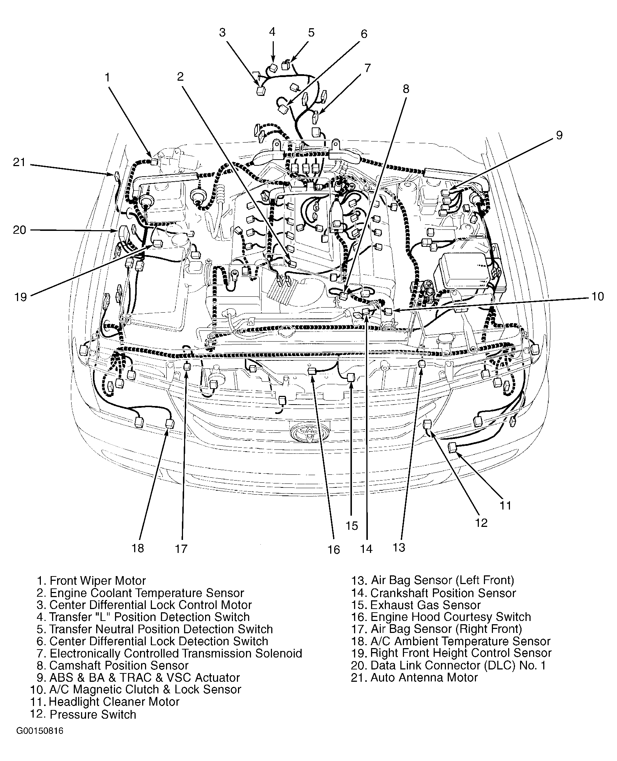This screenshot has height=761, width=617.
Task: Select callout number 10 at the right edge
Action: pos(597,296)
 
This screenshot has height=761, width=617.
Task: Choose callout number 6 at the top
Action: pos(364,34)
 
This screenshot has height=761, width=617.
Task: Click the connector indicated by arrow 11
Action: pos(452,448)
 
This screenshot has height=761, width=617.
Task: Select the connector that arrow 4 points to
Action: pos(274,68)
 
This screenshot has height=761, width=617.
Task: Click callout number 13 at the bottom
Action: pos(399,547)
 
